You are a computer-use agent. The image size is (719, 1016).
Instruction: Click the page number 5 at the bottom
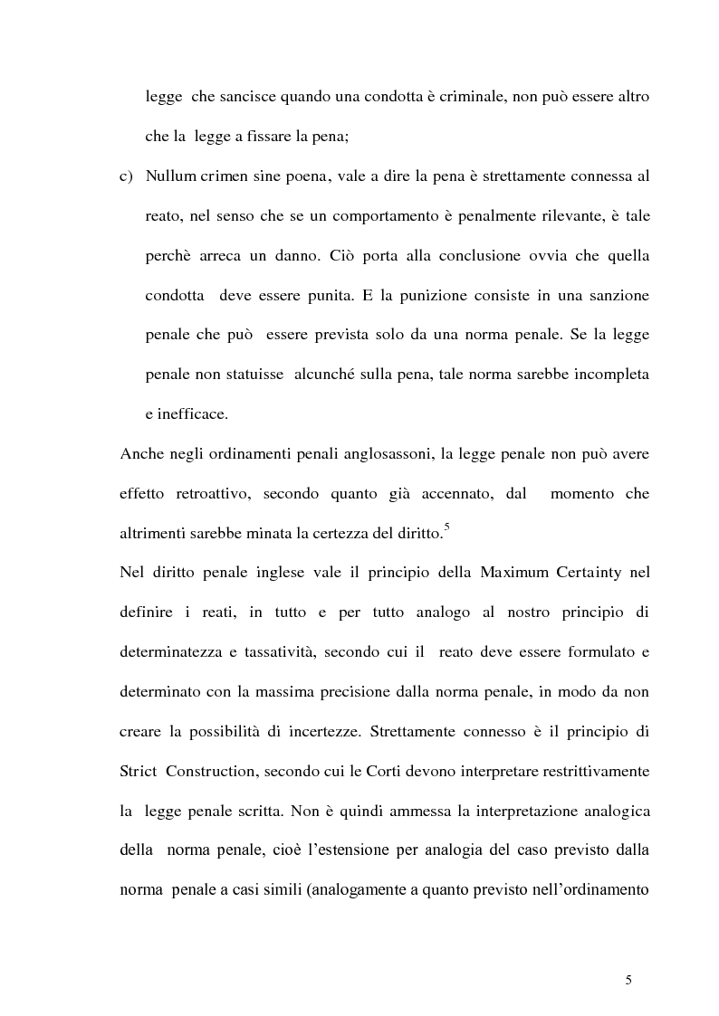(628, 980)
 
